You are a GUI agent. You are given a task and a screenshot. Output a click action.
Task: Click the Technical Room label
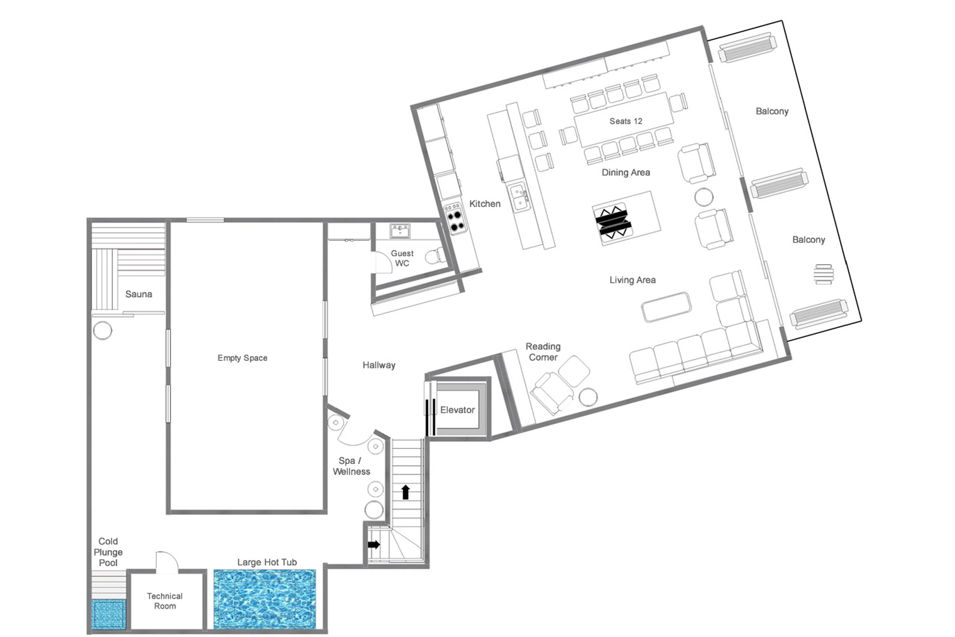[165, 601]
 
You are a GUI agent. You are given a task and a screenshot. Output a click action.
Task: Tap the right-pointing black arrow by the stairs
[374, 544]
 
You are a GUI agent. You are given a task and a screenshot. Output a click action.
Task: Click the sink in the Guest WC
[400, 231]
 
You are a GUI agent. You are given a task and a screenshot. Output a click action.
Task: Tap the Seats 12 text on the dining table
[625, 121]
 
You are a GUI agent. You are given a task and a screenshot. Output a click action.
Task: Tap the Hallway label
[379, 365]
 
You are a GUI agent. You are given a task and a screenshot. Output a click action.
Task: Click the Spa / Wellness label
[351, 466]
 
